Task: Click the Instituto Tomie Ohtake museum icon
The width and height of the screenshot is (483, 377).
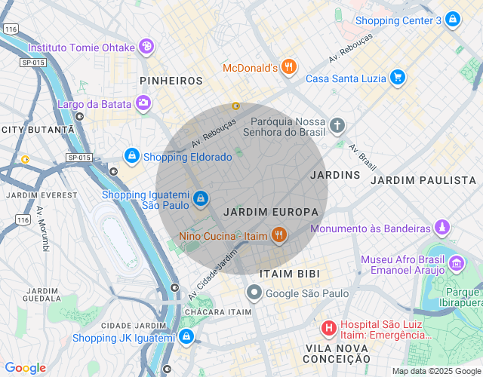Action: [146, 47]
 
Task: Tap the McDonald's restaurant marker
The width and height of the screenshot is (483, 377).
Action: [288, 68]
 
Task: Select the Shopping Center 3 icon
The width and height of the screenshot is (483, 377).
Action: [452, 20]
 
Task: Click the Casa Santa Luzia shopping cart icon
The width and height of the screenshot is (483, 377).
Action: [398, 78]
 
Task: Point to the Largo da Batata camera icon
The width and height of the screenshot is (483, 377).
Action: [143, 103]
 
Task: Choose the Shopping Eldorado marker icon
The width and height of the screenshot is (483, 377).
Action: [132, 156]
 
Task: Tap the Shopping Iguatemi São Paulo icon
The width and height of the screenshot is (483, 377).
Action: [200, 198]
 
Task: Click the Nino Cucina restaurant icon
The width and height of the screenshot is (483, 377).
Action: [278, 236]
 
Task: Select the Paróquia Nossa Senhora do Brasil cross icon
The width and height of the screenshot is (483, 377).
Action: [337, 124]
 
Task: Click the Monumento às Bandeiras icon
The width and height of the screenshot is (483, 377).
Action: [441, 228]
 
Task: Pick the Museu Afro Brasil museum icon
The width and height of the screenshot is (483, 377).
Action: [457, 264]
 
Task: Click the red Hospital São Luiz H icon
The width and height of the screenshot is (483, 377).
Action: [329, 328]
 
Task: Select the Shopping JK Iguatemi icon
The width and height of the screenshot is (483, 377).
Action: [186, 337]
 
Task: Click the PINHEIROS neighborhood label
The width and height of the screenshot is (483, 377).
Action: [171, 80]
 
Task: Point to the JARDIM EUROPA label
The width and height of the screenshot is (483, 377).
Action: [271, 213]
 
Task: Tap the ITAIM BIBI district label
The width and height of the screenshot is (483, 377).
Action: [289, 273]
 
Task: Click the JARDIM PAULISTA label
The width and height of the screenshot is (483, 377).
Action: [423, 180]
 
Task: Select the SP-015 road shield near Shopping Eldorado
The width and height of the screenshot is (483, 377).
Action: [78, 157]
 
